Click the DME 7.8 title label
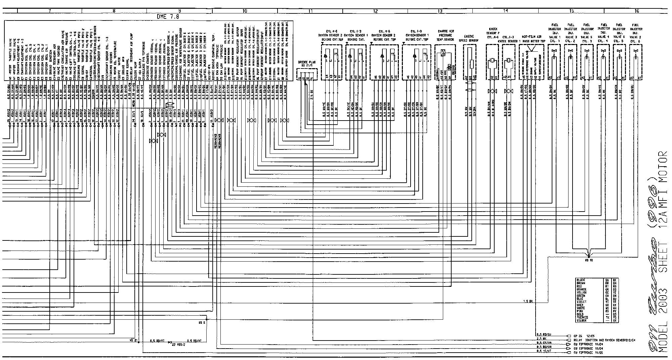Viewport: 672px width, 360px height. click(167, 16)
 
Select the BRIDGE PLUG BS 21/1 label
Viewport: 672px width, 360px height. click(307, 64)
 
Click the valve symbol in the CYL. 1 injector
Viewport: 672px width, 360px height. click(554, 50)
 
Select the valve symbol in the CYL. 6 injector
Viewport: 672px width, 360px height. click(635, 50)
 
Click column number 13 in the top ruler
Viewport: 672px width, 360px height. click(440, 11)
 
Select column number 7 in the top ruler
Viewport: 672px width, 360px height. click(49, 11)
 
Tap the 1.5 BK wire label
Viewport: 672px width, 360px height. click(528, 301)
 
